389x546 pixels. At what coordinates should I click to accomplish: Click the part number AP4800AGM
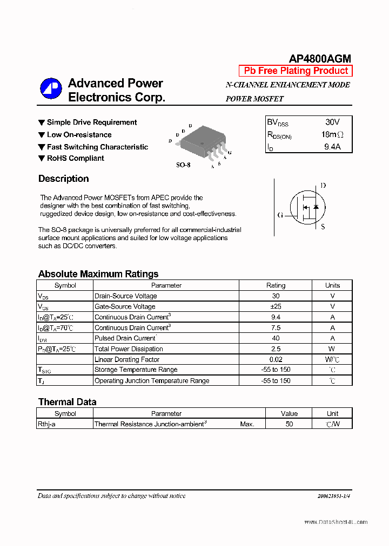point(320,59)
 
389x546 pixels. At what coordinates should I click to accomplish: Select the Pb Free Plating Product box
point(296,71)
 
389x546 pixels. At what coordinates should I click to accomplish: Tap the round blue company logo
point(51,89)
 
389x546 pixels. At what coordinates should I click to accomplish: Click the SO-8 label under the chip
point(183,165)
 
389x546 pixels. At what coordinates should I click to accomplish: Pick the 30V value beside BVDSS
point(332,122)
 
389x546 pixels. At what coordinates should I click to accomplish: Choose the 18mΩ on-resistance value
point(332,134)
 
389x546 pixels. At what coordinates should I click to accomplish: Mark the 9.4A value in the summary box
point(332,146)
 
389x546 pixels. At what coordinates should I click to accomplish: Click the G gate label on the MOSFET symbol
point(280,215)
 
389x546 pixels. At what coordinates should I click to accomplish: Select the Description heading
point(63,179)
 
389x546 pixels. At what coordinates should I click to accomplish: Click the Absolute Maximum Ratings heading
point(98,274)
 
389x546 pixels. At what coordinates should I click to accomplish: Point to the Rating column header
point(276,285)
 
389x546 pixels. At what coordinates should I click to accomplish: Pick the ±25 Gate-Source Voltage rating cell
point(276,306)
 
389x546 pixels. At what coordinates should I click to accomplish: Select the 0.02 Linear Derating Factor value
point(276,359)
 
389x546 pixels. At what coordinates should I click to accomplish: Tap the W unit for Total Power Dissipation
point(332,349)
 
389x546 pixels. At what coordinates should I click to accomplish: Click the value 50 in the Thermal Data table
point(289,424)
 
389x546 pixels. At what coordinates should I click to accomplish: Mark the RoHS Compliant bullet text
point(75,158)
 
